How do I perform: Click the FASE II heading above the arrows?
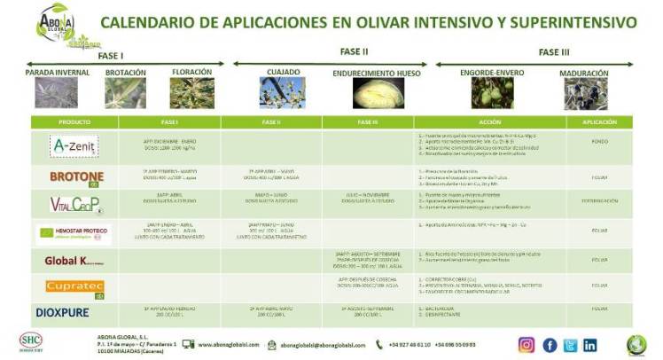pos(354,51)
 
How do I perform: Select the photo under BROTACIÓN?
pos(126,93)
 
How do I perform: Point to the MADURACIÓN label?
pos(584,74)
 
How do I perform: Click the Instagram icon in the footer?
pos(526,345)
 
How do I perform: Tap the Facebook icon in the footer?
pos(549,345)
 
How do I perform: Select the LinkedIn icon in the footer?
pos(589,345)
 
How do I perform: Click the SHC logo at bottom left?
pos(29,343)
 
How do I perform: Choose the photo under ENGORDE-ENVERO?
pos(485,93)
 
